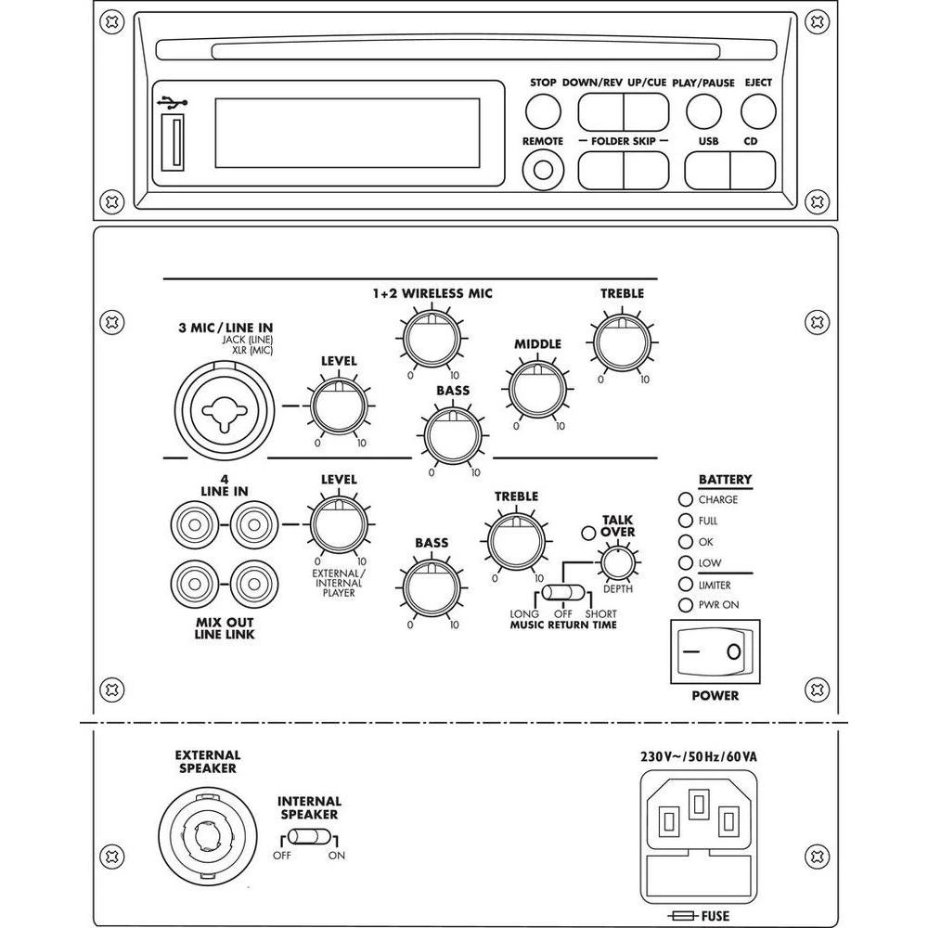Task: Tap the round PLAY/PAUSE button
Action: [703, 111]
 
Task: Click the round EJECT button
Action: [758, 111]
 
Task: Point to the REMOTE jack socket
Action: [543, 170]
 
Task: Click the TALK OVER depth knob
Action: [616, 561]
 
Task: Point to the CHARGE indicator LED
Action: [687, 499]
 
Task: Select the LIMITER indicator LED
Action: [687, 585]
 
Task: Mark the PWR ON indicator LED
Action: [687, 605]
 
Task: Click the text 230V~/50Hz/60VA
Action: [698, 756]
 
